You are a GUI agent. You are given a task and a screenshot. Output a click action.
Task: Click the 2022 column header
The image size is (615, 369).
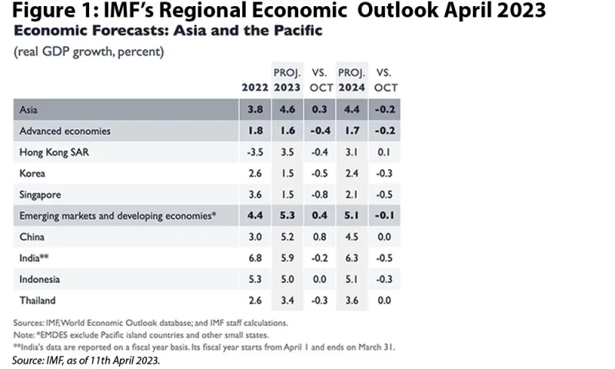pyautogui.click(x=255, y=88)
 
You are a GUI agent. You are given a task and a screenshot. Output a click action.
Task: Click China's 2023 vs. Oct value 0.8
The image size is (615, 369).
pyautogui.click(x=320, y=237)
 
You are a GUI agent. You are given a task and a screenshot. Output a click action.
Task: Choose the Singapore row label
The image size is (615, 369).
pyautogui.click(x=42, y=195)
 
